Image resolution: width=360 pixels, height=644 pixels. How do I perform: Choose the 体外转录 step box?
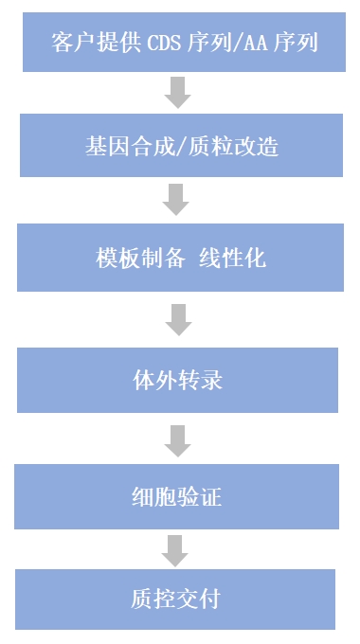coord(177,379)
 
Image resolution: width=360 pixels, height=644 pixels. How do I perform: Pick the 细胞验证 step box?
coord(177,495)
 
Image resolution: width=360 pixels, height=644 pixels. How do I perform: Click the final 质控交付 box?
coord(177,598)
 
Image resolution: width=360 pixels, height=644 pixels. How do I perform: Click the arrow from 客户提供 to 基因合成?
coord(177,92)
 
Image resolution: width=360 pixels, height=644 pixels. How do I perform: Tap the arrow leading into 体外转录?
coord(177,319)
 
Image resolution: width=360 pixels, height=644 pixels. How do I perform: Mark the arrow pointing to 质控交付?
coord(175,549)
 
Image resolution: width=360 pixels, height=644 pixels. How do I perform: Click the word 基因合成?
coord(126,148)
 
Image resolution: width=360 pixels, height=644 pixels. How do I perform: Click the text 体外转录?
coord(177,381)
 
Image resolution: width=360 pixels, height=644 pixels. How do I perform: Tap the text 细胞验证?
coord(177,496)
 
